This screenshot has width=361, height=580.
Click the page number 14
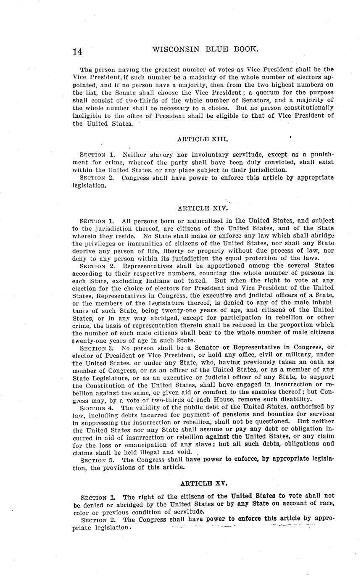(x=77, y=52)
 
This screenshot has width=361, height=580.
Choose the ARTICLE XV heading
(x=204, y=483)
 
